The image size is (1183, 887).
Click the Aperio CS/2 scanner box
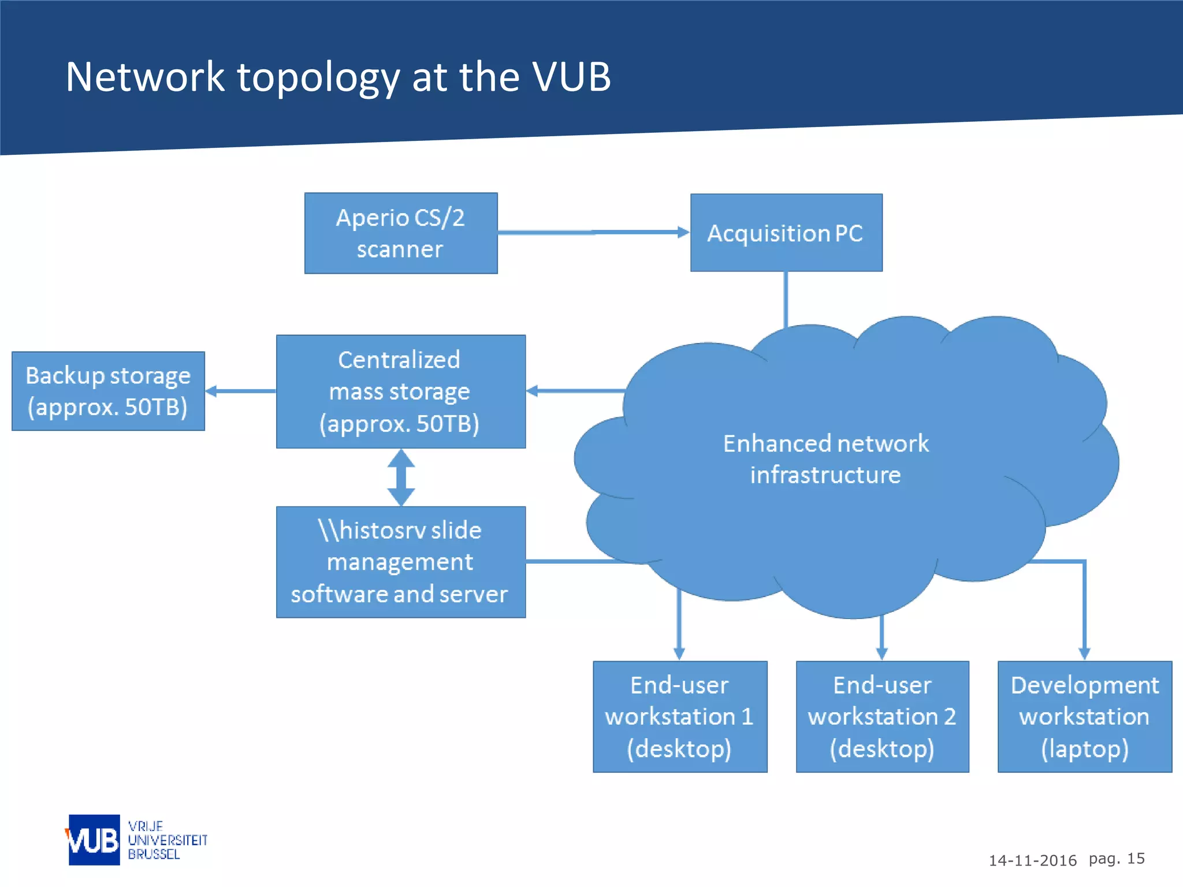coord(401,233)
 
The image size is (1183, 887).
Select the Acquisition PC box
coord(786,233)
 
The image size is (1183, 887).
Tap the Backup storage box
coord(108,391)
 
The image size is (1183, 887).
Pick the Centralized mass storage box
coord(401,392)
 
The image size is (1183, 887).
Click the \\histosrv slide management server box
coord(401,562)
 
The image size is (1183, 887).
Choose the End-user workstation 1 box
coord(680,717)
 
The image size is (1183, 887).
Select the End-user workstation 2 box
coord(882,717)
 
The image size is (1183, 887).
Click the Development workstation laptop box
coord(1085,717)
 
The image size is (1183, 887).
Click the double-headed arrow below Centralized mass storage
coord(401,478)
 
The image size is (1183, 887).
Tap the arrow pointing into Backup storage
coord(240,391)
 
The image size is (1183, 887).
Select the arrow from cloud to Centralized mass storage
coord(575,391)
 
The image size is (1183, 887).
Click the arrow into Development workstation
coord(1084,612)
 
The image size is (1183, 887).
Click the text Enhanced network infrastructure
coord(826,459)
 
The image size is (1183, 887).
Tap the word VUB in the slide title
coord(571,76)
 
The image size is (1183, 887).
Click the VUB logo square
coord(94,840)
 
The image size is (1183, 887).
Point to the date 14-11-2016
coord(1032,860)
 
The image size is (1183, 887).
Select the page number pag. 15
coord(1116,859)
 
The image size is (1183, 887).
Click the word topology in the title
coord(318,77)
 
